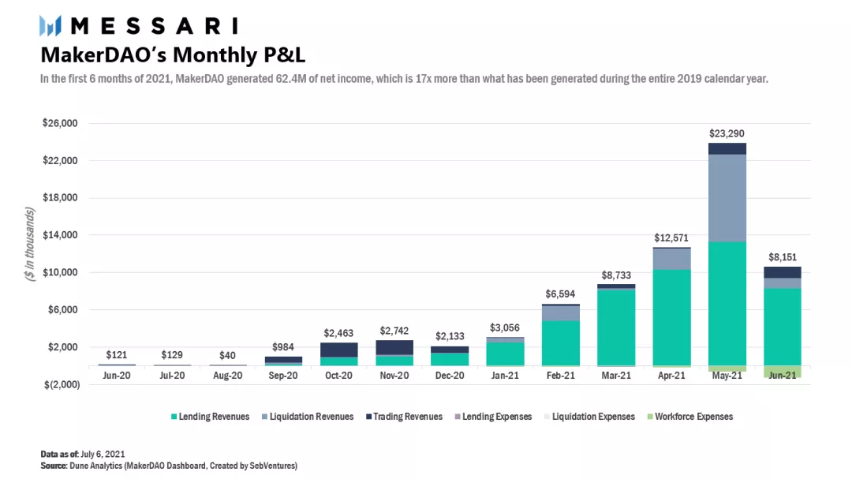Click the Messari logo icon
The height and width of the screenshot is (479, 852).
(50, 25)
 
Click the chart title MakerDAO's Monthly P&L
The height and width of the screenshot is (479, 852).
(173, 55)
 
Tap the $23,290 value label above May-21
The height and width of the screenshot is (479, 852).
(727, 133)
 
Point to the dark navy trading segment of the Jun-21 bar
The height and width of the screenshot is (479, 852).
(782, 272)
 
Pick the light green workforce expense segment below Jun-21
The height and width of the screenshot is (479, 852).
(782, 372)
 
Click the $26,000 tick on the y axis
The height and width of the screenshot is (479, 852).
(60, 124)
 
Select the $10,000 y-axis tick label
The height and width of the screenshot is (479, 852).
(60, 273)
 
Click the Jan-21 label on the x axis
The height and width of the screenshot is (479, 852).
(505, 376)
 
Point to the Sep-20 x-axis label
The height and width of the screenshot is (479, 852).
(283, 376)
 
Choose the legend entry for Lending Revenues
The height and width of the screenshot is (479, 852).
(209, 417)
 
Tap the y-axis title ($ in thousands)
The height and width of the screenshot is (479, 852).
(30, 245)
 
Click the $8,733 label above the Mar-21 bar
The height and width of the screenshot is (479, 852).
(616, 275)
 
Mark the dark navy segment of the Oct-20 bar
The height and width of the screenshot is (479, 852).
(338, 350)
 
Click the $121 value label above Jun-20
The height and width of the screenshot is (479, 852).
(117, 355)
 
